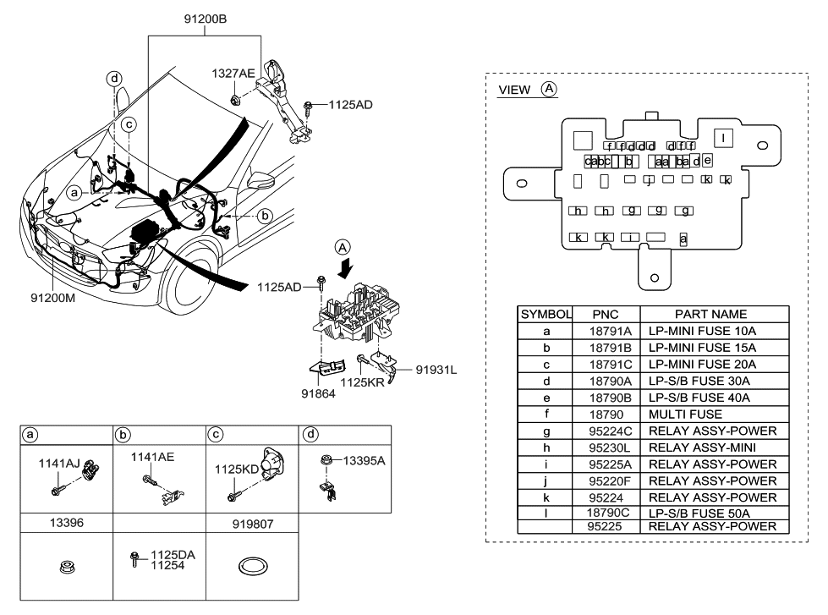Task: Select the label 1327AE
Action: pos(233,74)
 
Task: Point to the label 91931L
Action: pos(436,369)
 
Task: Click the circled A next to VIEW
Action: pos(549,88)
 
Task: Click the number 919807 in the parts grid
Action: pos(252,524)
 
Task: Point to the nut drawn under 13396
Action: pos(67,570)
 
